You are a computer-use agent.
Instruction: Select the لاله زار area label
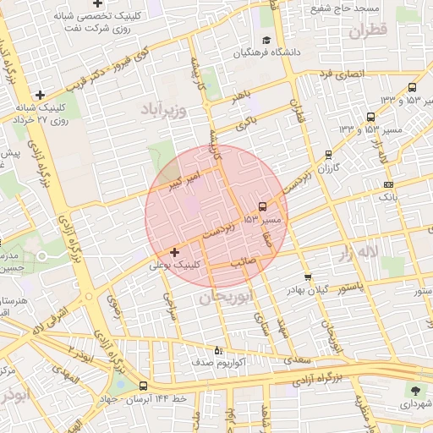click(x=377, y=251)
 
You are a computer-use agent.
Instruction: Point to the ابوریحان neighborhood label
click(x=227, y=298)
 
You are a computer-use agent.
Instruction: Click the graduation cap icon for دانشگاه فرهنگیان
click(x=266, y=40)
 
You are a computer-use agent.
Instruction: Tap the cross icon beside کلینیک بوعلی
click(x=175, y=251)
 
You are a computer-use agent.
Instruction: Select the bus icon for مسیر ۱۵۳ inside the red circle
click(x=262, y=206)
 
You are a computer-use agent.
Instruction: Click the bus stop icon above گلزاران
click(x=328, y=155)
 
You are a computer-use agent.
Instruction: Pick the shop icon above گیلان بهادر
click(x=307, y=277)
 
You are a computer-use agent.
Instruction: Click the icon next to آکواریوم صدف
click(x=218, y=349)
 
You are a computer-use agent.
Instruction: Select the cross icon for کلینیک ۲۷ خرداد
click(x=40, y=94)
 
